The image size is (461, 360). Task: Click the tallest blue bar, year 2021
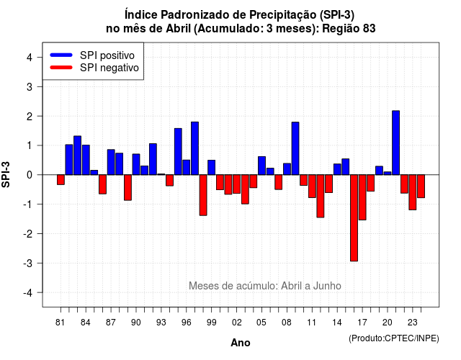(395, 143)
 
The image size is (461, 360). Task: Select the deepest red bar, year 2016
(354, 217)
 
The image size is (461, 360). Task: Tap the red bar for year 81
(61, 179)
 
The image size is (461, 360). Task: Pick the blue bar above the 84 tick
(86, 160)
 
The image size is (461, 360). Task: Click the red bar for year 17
(362, 197)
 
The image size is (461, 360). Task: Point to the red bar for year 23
(413, 192)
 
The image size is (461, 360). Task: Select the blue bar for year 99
(211, 168)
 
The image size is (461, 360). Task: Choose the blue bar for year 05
(261, 166)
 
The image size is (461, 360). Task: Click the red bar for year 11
(312, 186)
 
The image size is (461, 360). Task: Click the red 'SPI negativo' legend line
(61, 68)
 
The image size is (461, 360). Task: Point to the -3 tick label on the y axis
(28, 264)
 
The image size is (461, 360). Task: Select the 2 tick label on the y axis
(30, 117)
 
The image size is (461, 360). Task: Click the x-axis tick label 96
(186, 323)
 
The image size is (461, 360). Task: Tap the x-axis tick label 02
(236, 323)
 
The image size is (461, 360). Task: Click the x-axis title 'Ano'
(241, 343)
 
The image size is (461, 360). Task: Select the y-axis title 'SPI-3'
(6, 174)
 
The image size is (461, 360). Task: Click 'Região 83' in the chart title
(349, 29)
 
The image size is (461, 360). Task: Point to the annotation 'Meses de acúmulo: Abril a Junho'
(265, 286)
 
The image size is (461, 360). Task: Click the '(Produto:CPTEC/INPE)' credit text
(394, 338)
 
